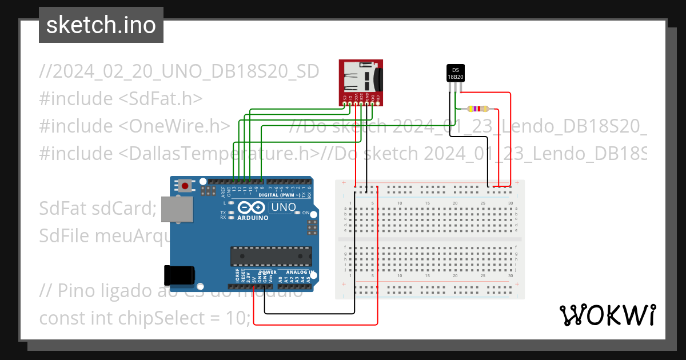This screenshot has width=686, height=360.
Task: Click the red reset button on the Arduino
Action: tap(185, 185)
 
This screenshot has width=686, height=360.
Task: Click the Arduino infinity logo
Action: tap(252, 208)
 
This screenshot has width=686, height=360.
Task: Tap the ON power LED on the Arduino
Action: tap(298, 213)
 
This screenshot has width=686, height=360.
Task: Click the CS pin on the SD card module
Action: tap(344, 103)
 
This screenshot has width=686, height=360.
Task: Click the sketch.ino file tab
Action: tap(101, 25)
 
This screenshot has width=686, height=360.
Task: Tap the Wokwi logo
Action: tap(607, 315)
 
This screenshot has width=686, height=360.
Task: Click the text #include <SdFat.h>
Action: tap(121, 98)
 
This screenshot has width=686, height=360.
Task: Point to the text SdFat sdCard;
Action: tap(97, 208)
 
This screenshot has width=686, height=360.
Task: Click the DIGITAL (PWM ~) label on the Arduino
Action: tap(279, 195)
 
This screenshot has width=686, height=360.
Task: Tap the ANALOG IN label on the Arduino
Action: tap(297, 273)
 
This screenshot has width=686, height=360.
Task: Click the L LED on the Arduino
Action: tap(231, 203)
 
